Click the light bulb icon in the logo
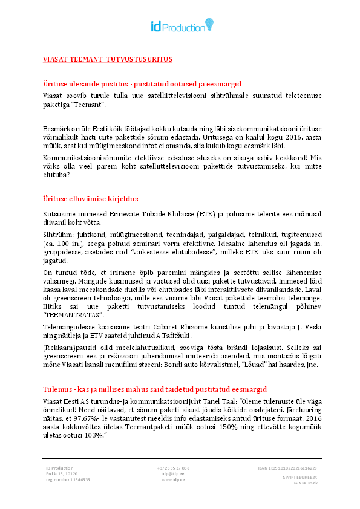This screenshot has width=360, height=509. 209,24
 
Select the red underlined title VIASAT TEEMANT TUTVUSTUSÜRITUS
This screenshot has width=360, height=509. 107,59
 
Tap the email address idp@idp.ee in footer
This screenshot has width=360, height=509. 172,474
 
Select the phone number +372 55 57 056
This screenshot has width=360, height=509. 173,468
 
